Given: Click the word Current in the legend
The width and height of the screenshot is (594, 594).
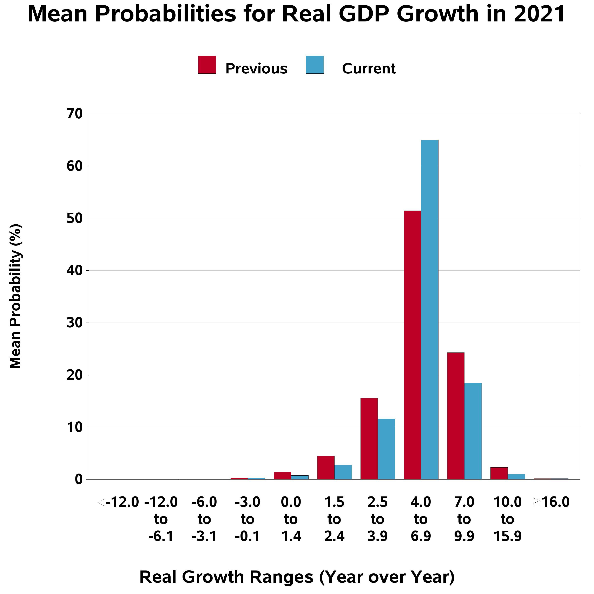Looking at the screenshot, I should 368,68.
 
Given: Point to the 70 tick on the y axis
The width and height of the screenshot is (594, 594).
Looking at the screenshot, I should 75,114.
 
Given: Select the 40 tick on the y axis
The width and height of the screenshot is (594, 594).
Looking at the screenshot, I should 75,271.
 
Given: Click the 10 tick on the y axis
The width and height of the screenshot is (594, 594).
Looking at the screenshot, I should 75,427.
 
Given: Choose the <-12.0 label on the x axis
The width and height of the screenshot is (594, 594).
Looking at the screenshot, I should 118,502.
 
